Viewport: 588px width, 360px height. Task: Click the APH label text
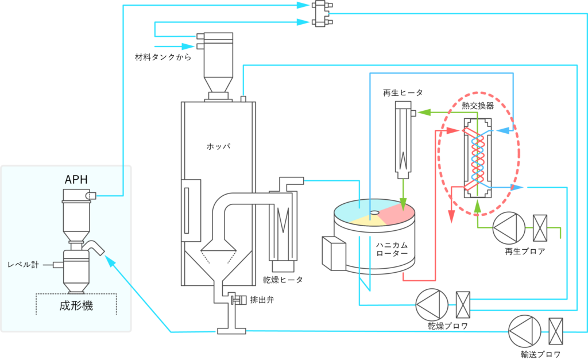[76, 179]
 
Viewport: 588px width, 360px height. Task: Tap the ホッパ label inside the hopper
[218, 146]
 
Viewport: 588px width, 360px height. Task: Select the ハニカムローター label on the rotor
[392, 249]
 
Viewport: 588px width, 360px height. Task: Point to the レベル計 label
[24, 265]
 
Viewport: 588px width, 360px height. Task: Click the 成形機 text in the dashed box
[76, 306]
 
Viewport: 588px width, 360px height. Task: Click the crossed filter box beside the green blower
[539, 228]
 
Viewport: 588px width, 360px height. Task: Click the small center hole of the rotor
[374, 213]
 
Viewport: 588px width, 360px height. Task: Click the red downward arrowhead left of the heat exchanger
[451, 216]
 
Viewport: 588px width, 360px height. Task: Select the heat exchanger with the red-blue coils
[477, 158]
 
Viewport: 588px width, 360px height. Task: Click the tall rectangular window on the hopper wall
[191, 207]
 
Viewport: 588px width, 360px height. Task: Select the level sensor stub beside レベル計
[56, 265]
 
